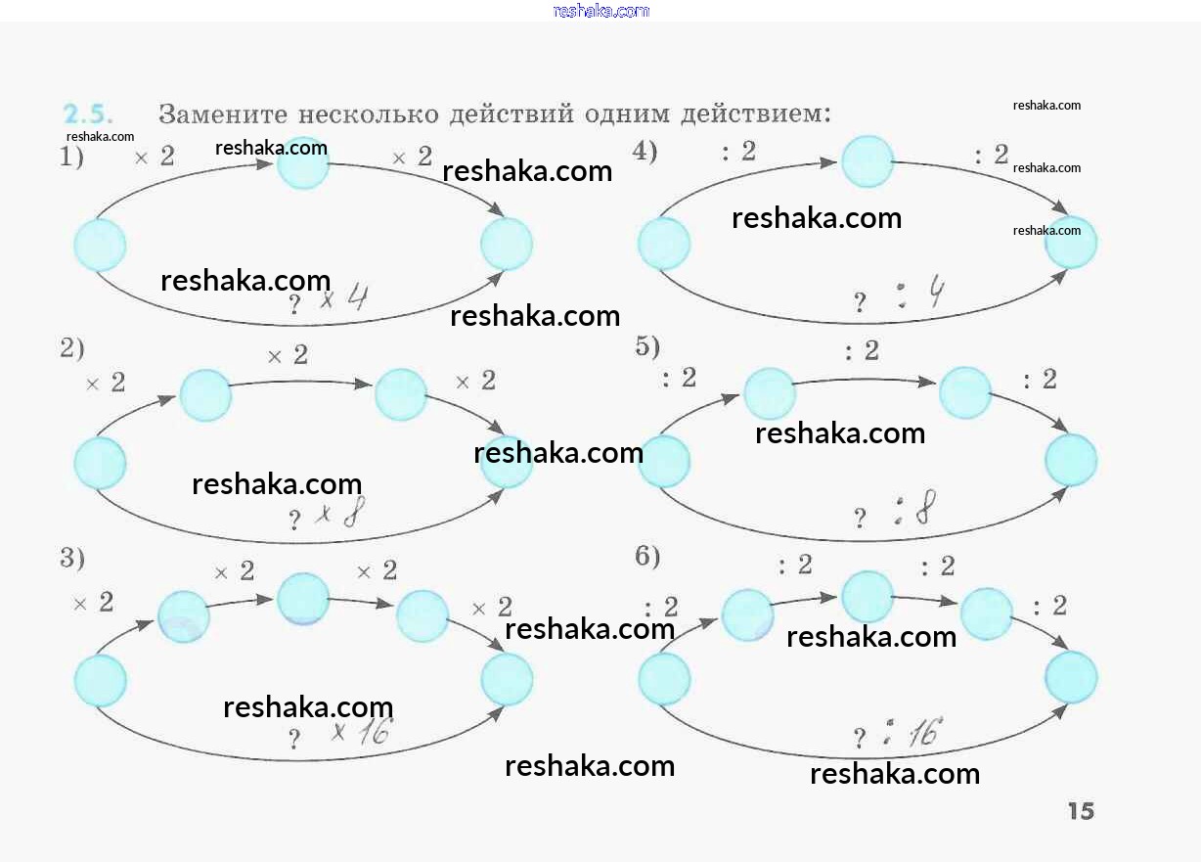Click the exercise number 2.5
point(87,113)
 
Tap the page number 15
point(1081,811)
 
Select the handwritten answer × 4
point(343,297)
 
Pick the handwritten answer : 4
point(920,295)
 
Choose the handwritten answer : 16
point(914,732)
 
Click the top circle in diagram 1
point(303,163)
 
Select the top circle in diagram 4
point(867,161)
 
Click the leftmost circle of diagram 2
point(101,463)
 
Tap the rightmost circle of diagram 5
point(1071,460)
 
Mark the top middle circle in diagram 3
point(303,599)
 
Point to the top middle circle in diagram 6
point(867,596)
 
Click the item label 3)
point(72,559)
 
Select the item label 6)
point(647,557)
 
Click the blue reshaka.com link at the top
point(600,11)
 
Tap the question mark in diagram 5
point(860,519)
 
